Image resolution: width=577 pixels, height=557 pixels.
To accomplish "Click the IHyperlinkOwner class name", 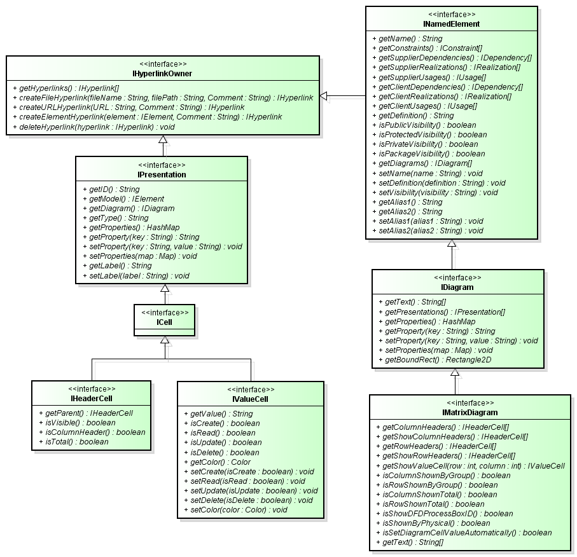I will click(163, 74).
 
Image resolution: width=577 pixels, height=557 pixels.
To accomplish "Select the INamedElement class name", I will click(452, 24).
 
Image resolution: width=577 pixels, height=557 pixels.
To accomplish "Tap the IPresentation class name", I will click(162, 174).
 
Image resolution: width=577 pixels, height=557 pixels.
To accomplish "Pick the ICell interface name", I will click(165, 322).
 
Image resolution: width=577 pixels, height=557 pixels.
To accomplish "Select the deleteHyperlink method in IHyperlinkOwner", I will click(93, 127).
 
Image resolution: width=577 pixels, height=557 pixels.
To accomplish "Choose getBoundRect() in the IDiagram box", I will click(434, 360).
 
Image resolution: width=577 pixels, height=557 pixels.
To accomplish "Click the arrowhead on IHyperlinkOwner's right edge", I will click(324, 96).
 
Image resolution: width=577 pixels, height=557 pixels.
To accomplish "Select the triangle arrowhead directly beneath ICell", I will click(165, 340).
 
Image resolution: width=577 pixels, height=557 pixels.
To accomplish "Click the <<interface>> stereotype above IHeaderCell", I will click(92, 389).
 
